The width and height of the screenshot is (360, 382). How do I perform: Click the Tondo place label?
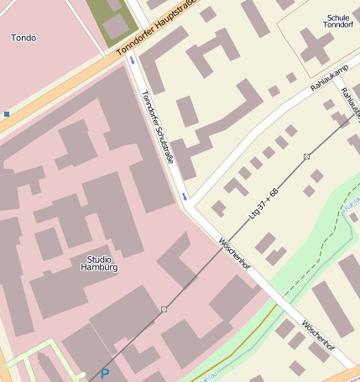(23, 38)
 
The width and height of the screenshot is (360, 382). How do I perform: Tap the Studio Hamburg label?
(99, 263)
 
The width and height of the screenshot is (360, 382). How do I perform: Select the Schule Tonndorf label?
(337, 21)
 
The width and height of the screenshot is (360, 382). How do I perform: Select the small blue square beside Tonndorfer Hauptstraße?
(7, 113)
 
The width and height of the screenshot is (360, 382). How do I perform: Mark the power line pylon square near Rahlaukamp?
(307, 157)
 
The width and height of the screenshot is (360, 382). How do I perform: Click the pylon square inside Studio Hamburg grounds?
(164, 310)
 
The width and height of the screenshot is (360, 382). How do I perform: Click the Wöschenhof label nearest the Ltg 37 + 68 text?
(234, 253)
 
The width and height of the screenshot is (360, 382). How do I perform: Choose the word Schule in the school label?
(337, 17)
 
